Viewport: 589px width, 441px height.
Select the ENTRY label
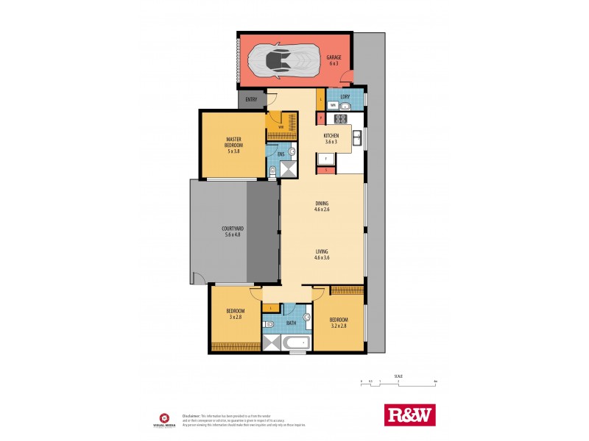click(x=252, y=100)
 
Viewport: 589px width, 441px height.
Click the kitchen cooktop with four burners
click(x=324, y=159)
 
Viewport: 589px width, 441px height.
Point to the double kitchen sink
click(x=357, y=137)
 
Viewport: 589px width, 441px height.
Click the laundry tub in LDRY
click(x=344, y=105)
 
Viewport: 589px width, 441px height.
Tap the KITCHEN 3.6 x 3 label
click(x=331, y=139)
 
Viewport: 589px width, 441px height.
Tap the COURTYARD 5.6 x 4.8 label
click(x=233, y=232)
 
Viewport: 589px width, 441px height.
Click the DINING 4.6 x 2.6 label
click(x=322, y=206)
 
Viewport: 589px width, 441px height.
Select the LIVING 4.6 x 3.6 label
click(x=322, y=255)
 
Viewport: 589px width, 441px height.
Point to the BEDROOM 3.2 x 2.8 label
click(x=339, y=322)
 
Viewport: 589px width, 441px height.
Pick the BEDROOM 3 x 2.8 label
click(x=235, y=315)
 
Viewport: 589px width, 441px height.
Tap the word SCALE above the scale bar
click(x=398, y=376)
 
